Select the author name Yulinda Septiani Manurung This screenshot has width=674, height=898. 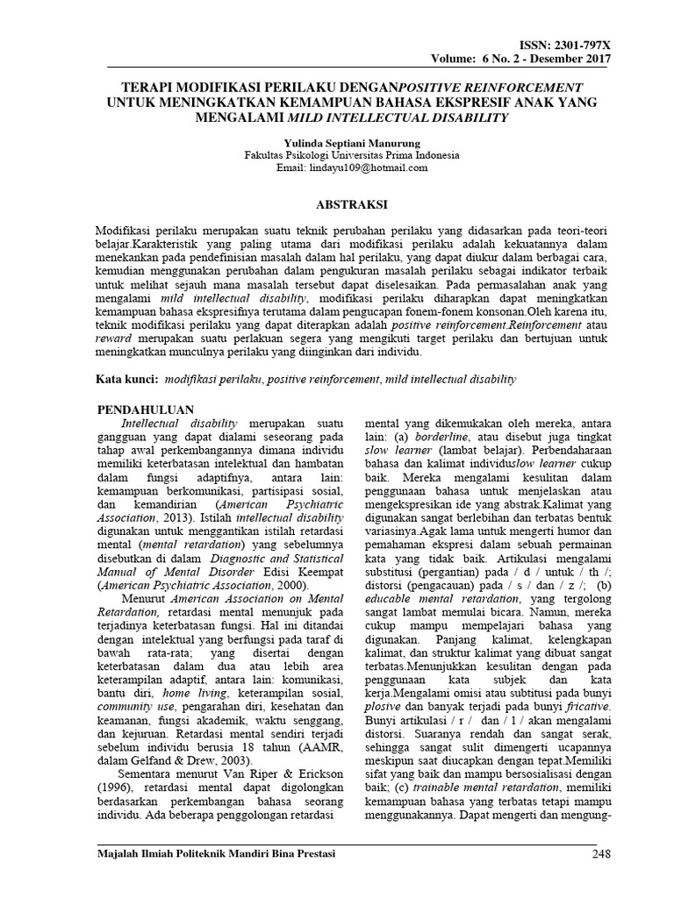point(340,141)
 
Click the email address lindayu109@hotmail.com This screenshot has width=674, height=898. point(340,167)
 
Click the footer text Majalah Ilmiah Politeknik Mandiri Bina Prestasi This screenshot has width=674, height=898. point(214,854)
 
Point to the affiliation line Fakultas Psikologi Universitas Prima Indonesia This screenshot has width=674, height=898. point(340,154)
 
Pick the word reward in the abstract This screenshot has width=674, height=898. point(114,339)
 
